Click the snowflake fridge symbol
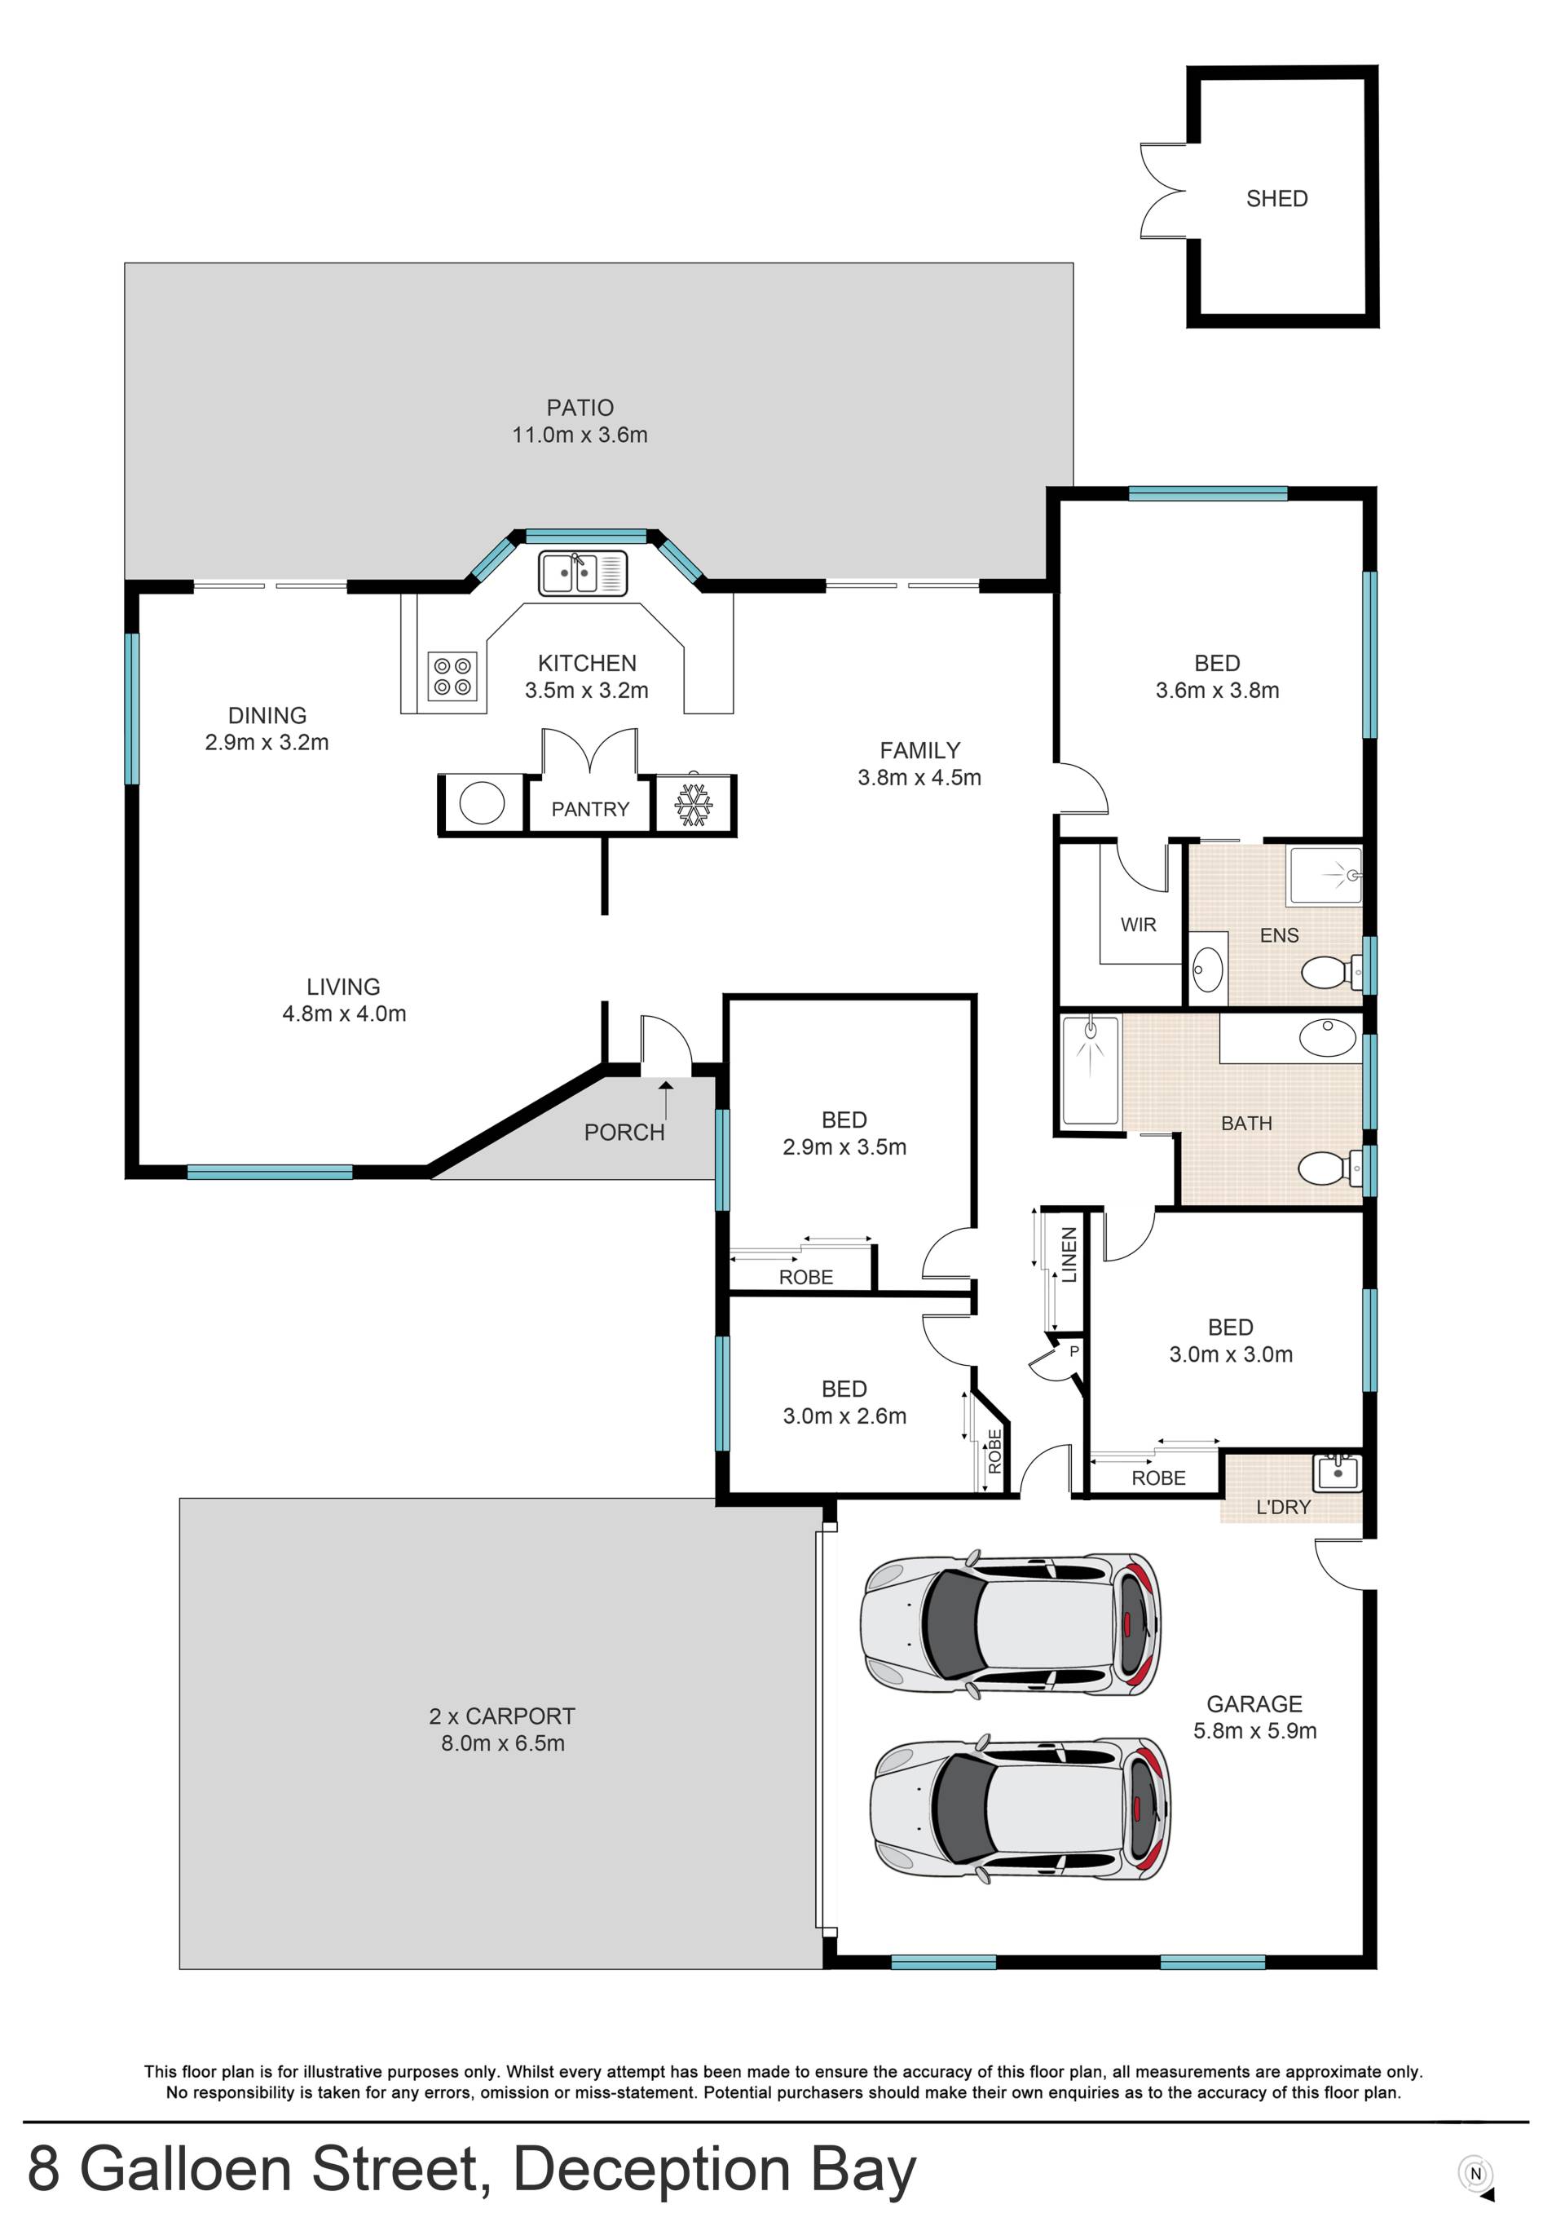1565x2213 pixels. click(x=693, y=805)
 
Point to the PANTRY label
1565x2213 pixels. click(x=590, y=810)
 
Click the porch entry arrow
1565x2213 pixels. click(x=666, y=1099)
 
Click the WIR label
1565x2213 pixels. click(x=1138, y=925)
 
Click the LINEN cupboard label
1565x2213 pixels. click(x=1069, y=1254)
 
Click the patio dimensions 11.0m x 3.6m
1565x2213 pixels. click(x=580, y=435)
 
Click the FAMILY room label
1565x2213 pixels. click(x=919, y=750)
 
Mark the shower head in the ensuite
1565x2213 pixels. click(x=1353, y=875)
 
